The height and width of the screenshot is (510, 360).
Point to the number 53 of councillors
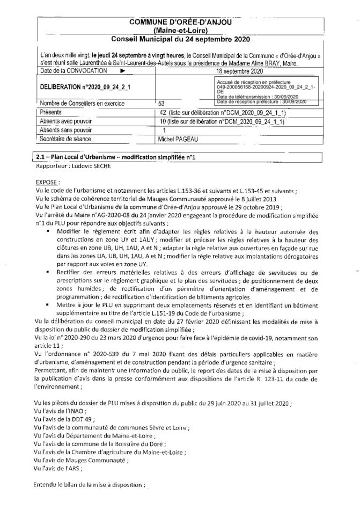click(161, 103)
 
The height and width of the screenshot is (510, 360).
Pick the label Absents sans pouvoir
click(67, 130)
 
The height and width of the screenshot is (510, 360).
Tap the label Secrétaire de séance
click(67, 139)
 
